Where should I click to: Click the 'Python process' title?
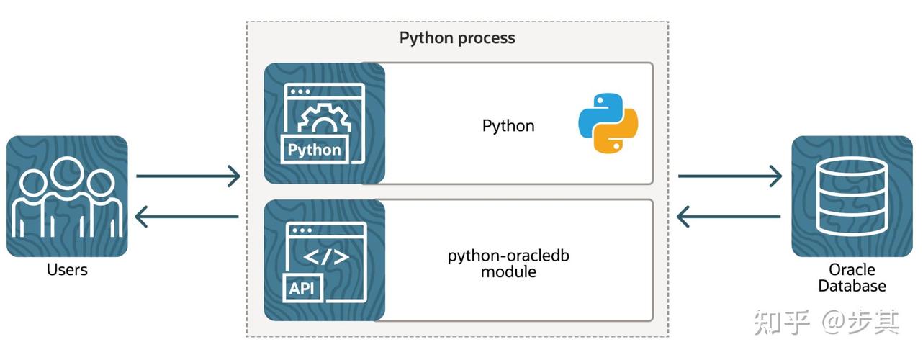(x=457, y=38)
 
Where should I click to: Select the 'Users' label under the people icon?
(x=67, y=270)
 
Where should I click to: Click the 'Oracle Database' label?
(x=852, y=278)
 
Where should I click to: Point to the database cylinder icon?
(x=852, y=197)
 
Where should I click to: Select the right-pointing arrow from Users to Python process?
(x=188, y=175)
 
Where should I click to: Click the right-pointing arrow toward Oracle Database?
(x=730, y=175)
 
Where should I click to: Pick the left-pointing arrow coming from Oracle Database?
(x=730, y=215)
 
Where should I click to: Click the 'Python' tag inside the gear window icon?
(x=314, y=150)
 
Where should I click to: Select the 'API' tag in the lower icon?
(x=303, y=289)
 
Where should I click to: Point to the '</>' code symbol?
(x=325, y=257)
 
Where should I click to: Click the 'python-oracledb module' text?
(x=508, y=264)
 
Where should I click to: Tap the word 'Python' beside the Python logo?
(x=508, y=126)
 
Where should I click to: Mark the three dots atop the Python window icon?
(x=300, y=92)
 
